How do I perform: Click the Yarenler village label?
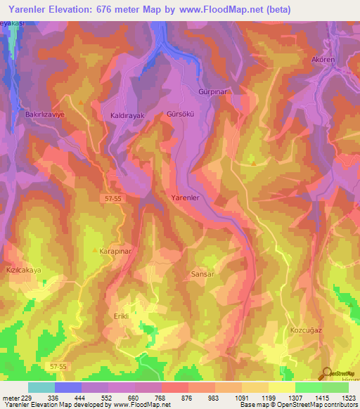[186, 198]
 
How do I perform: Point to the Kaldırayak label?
[128, 114]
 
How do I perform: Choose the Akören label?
[325, 60]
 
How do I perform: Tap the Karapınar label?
[118, 249]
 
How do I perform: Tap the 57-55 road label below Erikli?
[59, 366]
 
